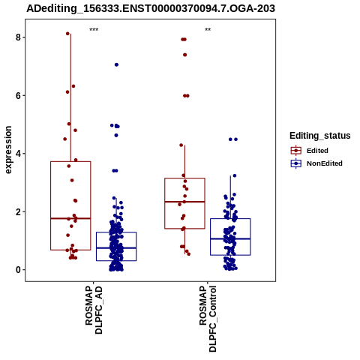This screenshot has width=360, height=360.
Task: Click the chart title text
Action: pyautogui.click(x=151, y=9)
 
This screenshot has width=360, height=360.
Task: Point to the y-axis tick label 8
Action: pyautogui.click(x=18, y=37)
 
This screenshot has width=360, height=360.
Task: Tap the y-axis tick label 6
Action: pyautogui.click(x=18, y=95)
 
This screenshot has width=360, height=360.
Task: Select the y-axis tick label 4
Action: pyautogui.click(x=18, y=154)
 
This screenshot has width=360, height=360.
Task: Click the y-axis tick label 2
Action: pyautogui.click(x=18, y=211)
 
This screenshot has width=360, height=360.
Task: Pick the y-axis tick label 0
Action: pyautogui.click(x=18, y=270)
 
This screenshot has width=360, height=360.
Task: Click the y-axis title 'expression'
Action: pyautogui.click(x=8, y=150)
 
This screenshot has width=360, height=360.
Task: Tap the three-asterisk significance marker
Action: pyautogui.click(x=94, y=30)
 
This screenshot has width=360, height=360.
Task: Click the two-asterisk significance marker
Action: pyautogui.click(x=208, y=30)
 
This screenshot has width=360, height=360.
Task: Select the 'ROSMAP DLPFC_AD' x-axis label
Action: pyautogui.click(x=94, y=310)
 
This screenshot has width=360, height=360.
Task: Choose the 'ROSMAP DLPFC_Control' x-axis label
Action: pyautogui.click(x=208, y=319)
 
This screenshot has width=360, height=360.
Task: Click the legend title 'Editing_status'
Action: pyautogui.click(x=320, y=136)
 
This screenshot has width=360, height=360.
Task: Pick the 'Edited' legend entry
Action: pyautogui.click(x=309, y=151)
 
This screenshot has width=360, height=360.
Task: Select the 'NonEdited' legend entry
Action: pyautogui.click(x=316, y=163)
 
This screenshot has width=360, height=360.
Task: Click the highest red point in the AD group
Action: pyautogui.click(x=67, y=34)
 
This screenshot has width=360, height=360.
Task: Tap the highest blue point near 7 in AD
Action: pyautogui.click(x=116, y=64)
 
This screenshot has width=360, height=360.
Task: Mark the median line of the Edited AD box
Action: pyautogui.click(x=70, y=218)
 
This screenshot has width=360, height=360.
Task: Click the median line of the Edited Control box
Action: pyautogui.click(x=184, y=202)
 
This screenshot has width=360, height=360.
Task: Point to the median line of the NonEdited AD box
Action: pyautogui.click(x=116, y=248)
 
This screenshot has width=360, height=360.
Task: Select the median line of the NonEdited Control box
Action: pyautogui.click(x=230, y=238)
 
